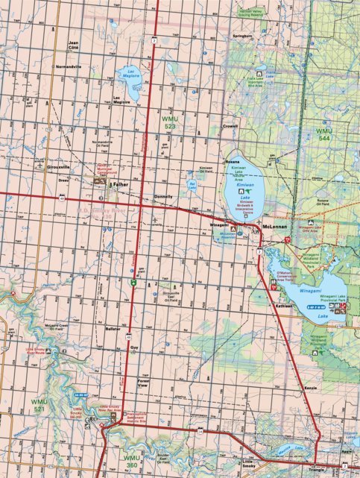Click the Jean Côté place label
coord(73,45)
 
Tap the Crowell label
coord(230,126)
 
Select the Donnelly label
coord(163,196)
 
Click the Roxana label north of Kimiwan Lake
coord(233,159)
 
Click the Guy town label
coord(134,348)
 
